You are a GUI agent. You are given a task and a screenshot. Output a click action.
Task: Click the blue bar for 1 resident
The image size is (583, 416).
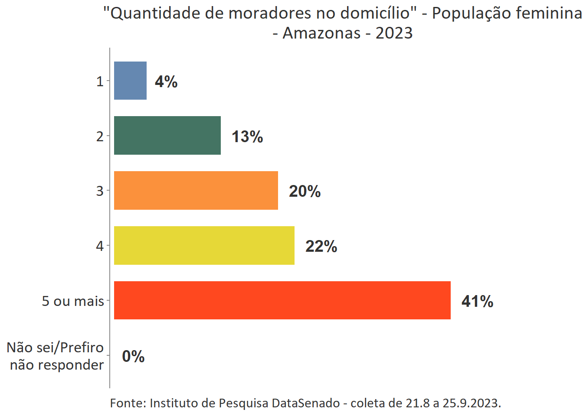pos(130,81)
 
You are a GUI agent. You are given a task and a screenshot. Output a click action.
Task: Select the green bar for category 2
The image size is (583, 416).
pos(167,135)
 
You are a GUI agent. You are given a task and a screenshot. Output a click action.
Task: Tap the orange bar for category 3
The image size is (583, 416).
pos(196,190)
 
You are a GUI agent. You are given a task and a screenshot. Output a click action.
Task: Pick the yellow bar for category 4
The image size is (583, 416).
pos(204,245)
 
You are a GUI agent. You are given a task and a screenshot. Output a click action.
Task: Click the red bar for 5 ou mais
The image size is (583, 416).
pos(282,300)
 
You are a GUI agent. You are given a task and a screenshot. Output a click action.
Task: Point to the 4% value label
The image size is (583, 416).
pos(166,81)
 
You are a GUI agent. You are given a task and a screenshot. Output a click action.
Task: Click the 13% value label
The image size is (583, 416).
pos(247,136)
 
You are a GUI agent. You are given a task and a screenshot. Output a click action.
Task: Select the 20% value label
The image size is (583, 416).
pos(305,191)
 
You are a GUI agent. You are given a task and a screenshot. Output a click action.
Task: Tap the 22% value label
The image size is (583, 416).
pos(321,246)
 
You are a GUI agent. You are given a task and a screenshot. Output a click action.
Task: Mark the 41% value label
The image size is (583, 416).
pos(477,301)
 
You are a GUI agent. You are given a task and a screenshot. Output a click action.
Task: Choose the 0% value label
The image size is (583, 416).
pos(133,356)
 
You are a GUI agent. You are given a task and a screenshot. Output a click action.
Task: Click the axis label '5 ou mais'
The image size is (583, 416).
pos(73,301)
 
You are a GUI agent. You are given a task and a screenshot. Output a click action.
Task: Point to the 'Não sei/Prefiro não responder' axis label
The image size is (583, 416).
pos(56,356)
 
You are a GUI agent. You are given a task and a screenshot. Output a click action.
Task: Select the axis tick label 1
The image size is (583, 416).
pos(100,81)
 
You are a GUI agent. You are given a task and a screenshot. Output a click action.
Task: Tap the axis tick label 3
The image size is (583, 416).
pos(100,191)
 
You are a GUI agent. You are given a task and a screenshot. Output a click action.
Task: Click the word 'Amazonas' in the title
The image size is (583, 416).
pos(321,33)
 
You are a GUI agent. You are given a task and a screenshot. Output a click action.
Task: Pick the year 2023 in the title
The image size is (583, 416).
pos(394,33)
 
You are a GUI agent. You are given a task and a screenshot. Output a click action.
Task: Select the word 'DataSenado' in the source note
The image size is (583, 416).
pos(306,403)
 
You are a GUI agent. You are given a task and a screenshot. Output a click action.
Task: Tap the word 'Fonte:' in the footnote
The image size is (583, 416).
pos(128,403)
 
